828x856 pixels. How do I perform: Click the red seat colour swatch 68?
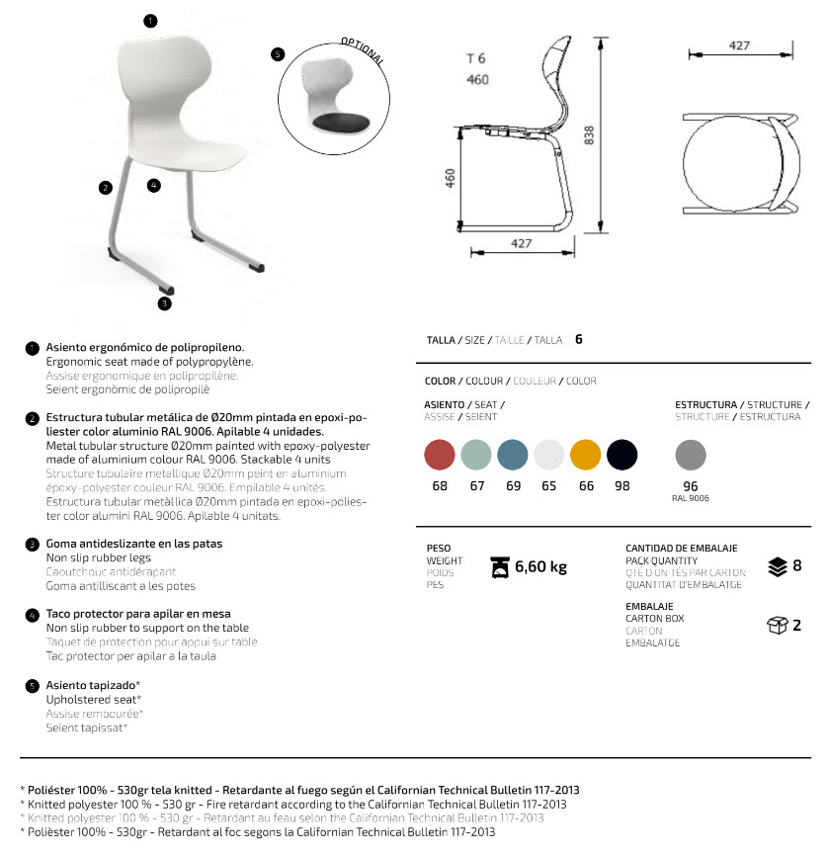click(x=440, y=455)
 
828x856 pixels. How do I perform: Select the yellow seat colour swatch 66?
click(x=586, y=455)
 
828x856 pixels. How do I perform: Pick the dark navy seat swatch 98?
click(x=621, y=455)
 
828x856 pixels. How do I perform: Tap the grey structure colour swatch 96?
click(x=691, y=456)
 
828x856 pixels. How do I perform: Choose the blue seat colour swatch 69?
click(x=513, y=455)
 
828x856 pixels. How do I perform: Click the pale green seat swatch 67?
click(x=476, y=455)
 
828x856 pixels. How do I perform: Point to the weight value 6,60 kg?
click(x=540, y=566)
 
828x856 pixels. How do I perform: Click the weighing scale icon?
click(x=501, y=566)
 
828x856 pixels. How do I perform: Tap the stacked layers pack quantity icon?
click(x=777, y=566)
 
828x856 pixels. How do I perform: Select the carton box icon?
click(x=777, y=625)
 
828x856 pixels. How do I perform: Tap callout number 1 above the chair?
click(x=149, y=20)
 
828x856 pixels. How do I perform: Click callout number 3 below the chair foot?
click(x=164, y=303)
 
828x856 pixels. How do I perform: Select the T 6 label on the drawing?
click(x=476, y=58)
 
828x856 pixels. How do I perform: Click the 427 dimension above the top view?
click(x=739, y=45)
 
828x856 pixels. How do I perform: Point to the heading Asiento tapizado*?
click(x=93, y=685)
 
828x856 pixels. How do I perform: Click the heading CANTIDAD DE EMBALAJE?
click(x=681, y=548)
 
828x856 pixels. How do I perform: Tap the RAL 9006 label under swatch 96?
click(x=691, y=498)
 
